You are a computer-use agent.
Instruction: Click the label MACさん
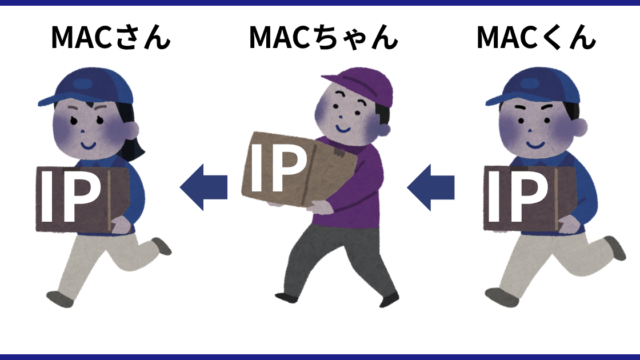tap(111, 37)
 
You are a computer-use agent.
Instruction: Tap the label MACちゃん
tap(323, 37)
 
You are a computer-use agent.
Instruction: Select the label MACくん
tap(536, 37)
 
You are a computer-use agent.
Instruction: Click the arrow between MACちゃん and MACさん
tap(204, 187)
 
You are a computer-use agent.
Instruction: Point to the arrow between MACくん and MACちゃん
tap(431, 187)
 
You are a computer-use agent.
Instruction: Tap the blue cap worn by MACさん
tap(87, 87)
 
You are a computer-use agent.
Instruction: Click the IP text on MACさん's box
tap(70, 196)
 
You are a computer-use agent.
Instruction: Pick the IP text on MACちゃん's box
tap(278, 167)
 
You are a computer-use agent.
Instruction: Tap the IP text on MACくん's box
tap(517, 196)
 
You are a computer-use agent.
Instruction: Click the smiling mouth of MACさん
tap(88, 145)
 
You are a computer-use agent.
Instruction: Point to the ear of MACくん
tap(580, 127)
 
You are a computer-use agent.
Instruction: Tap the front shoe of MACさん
tap(60, 299)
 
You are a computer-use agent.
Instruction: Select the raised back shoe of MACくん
tap(616, 247)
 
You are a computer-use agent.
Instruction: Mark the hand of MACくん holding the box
tap(569, 224)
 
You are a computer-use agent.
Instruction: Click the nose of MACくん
tap(530, 131)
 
